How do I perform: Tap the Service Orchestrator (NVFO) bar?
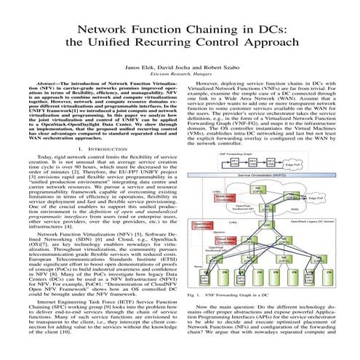click(257, 175)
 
